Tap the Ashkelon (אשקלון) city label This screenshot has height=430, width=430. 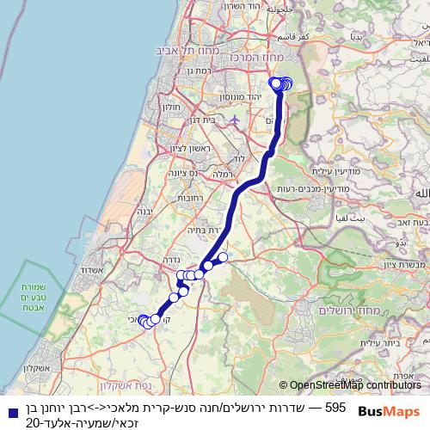click(29, 368)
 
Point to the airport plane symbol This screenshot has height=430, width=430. click(235, 120)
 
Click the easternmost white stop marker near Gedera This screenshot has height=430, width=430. click(223, 257)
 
